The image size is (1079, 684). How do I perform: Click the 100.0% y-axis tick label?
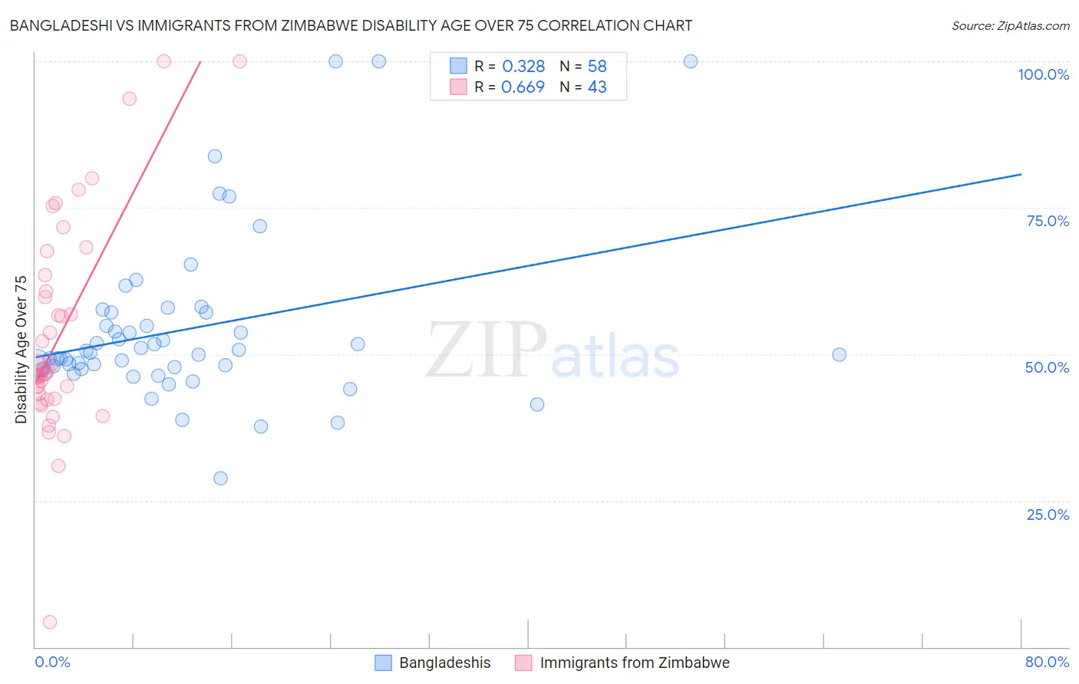[1043, 74]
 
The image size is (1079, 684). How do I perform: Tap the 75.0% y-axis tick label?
[1048, 221]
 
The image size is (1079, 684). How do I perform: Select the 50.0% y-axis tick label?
[1047, 367]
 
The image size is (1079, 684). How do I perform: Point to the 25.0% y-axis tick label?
[1048, 515]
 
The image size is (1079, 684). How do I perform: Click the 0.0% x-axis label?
[52, 662]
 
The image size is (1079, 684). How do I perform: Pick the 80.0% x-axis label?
[1047, 662]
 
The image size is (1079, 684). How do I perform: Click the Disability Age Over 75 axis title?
[21, 350]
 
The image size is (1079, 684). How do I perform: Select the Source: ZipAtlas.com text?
[1010, 26]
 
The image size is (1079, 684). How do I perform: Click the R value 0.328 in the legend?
[523, 67]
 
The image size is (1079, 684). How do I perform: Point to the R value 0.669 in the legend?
[523, 87]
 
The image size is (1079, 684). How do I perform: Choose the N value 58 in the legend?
[597, 67]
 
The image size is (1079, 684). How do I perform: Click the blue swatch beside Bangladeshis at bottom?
[383, 663]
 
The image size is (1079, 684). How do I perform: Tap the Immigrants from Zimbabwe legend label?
[634, 663]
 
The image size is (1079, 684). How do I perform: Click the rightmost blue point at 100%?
[691, 61]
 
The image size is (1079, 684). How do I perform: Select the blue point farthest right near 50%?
[839, 354]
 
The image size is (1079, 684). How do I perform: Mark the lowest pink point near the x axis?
[50, 622]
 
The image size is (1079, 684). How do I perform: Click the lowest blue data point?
[220, 478]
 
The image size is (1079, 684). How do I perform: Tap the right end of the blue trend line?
[1021, 175]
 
